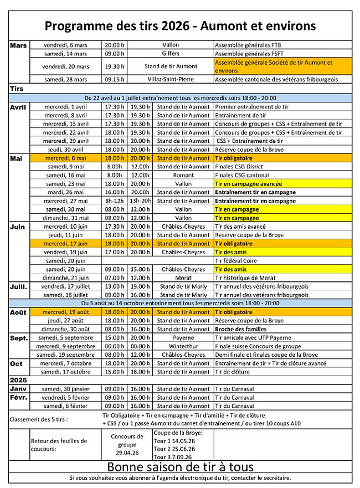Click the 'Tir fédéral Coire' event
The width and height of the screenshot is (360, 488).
(x=238, y=260)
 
